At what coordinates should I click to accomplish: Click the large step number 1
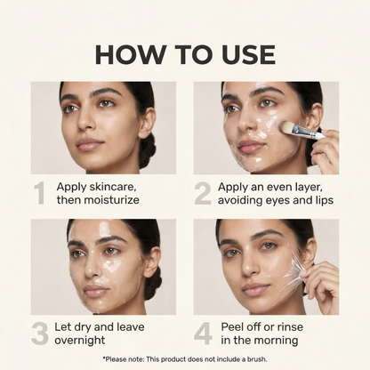[40, 194]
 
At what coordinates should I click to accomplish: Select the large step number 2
[204, 194]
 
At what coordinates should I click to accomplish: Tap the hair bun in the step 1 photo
[147, 149]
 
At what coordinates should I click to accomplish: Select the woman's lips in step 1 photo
[89, 143]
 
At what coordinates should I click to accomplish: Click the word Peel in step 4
[231, 326]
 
